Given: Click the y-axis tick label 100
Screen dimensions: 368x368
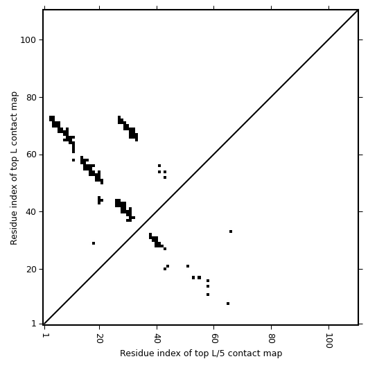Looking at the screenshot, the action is [28, 40].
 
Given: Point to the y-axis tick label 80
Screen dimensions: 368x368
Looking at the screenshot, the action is [30, 98].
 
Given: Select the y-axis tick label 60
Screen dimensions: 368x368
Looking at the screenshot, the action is [30, 155].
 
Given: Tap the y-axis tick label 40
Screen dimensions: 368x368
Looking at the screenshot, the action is [30, 212].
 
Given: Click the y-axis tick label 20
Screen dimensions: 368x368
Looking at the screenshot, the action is [30, 270].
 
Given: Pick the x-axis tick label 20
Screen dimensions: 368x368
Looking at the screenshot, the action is [100, 338].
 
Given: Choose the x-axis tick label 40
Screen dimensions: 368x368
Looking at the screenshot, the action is [157, 338].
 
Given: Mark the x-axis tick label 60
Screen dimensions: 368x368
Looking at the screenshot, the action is [214, 338].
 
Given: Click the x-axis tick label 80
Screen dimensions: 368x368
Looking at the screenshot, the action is [271, 338].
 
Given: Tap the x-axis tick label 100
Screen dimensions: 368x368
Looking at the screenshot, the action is [328, 340].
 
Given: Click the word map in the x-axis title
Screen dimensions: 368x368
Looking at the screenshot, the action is [274, 353].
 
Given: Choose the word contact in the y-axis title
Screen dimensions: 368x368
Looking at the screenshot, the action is [14, 126].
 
